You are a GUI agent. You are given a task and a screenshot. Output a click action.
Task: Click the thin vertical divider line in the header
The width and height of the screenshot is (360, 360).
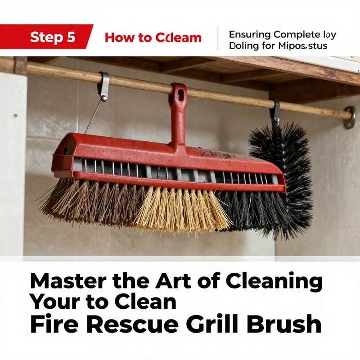click(x=218, y=38)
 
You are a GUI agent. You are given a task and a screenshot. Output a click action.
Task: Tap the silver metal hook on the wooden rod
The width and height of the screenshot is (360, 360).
click(x=104, y=85)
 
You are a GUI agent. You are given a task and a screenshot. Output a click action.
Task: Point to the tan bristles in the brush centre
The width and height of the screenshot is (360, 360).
click(x=180, y=209)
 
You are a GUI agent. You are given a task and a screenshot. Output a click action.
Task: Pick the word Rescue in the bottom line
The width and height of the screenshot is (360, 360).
click(x=132, y=324)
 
